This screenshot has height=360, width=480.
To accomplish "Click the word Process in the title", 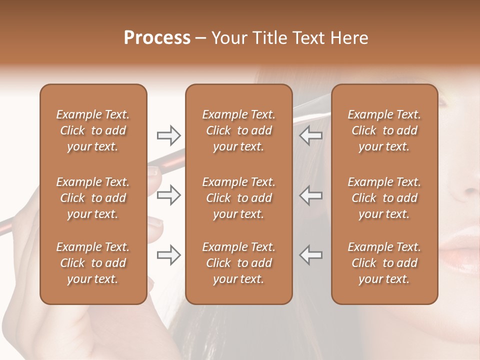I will click(x=157, y=38).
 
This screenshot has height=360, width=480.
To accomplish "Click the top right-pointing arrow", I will click(x=169, y=135).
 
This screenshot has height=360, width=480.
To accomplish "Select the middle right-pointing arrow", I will click(x=169, y=195).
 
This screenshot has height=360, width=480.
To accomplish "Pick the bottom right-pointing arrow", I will click(x=169, y=255).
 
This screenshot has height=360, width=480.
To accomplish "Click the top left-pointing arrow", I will click(x=311, y=135).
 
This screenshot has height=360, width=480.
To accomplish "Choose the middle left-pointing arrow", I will click(x=311, y=195).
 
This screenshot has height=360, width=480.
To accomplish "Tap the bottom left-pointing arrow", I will click(x=311, y=255).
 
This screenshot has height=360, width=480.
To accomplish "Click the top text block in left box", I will click(x=93, y=130).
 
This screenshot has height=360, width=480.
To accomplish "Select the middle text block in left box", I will click(x=93, y=198).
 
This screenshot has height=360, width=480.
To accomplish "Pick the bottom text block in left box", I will click(x=93, y=263).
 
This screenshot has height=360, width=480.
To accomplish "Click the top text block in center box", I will click(x=238, y=130).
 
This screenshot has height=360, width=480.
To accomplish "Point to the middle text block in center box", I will click(x=238, y=198).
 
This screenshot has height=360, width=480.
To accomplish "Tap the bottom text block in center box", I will click(x=238, y=263).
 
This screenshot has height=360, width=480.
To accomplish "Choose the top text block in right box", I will click(x=384, y=130).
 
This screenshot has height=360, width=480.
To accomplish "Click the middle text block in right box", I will click(x=384, y=198).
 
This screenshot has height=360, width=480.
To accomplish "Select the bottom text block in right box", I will click(x=384, y=263).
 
